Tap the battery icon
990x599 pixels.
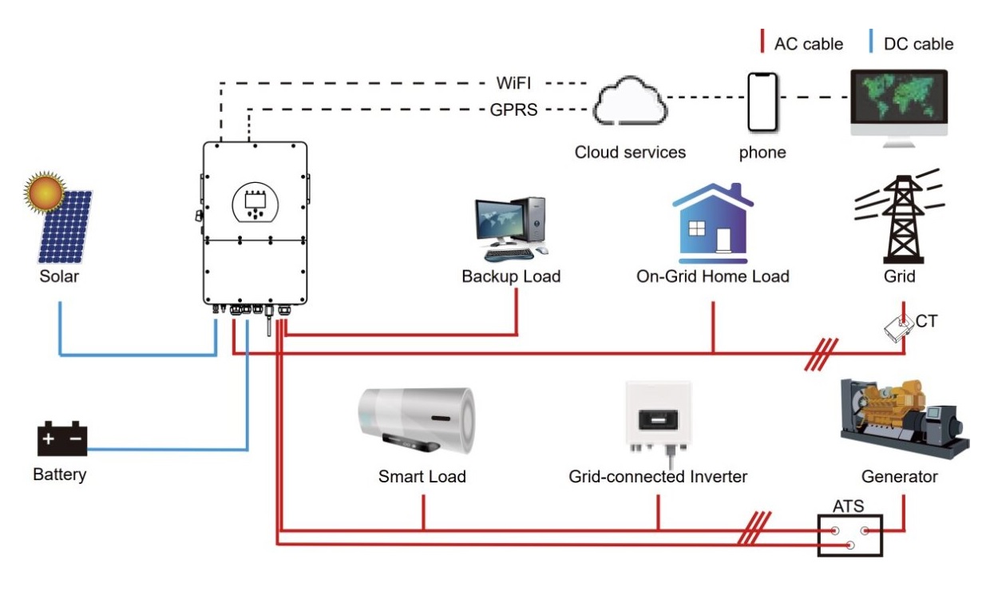pos(62,439)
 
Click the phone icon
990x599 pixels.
pos(762,101)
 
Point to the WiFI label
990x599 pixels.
pos(513,82)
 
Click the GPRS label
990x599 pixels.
pos(513,110)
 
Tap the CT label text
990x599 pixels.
pos(928,322)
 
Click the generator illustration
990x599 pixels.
pos(902,420)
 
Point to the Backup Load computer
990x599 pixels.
pos(512,228)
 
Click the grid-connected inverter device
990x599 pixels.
pos(658,420)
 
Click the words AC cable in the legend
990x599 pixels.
pos(808,44)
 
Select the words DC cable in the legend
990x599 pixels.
pos(918,44)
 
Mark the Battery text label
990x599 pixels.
pos(60,474)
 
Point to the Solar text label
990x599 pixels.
pos(59,277)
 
